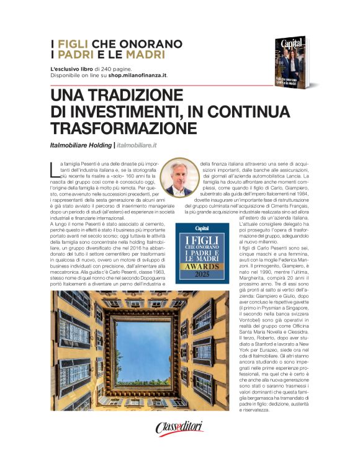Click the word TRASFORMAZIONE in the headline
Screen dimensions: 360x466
[124, 128]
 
